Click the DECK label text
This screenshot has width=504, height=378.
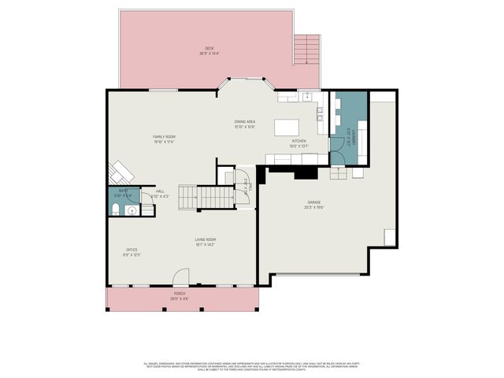pyautogui.click(x=209, y=49)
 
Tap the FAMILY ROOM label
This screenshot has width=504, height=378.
pyautogui.click(x=163, y=137)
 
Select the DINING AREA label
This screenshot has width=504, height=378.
pyautogui.click(x=245, y=121)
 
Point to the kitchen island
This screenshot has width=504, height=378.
pyautogui.click(x=287, y=128)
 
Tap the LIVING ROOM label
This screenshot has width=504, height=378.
pyautogui.click(x=206, y=239)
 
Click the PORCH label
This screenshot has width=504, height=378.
pyautogui.click(x=180, y=295)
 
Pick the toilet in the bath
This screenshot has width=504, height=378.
pyautogui.click(x=115, y=209)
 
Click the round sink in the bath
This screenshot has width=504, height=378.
pyautogui.click(x=132, y=210)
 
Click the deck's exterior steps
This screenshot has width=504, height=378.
pyautogui.click(x=307, y=50)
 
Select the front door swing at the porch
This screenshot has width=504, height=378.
pyautogui.click(x=181, y=276)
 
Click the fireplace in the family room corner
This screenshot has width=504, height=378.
pyautogui.click(x=120, y=172)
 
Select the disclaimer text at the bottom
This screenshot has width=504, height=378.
pyautogui.click(x=251, y=366)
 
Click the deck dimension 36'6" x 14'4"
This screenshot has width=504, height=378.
pyautogui.click(x=209, y=54)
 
